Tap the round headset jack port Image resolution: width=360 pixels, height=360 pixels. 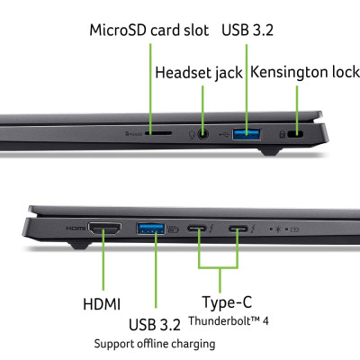(205, 135)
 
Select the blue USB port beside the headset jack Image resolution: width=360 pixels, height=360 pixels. (246, 135)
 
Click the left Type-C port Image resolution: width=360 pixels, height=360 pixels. (199, 229)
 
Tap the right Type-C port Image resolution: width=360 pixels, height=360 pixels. (238, 229)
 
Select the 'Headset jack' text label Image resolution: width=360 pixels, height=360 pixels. (199, 72)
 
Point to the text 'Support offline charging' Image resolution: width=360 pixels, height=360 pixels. (154, 344)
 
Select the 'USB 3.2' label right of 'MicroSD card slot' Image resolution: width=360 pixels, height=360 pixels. (247, 30)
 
